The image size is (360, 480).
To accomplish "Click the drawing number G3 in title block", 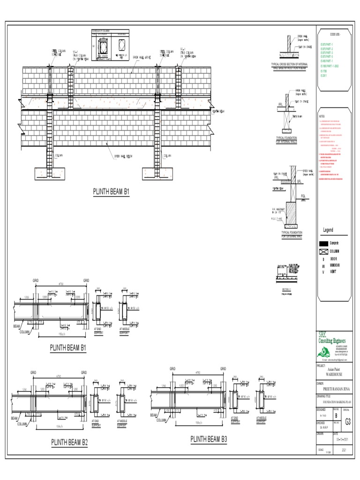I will click(347, 421).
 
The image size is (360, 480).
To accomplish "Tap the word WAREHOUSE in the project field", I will click(334, 375).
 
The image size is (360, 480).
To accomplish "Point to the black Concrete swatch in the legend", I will click(323, 243).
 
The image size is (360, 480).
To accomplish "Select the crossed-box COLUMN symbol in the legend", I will click(323, 251).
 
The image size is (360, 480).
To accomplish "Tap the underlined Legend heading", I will click(328, 230).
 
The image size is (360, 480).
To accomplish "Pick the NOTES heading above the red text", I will click(322, 116).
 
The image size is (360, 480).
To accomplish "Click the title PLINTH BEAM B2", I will click(69, 442).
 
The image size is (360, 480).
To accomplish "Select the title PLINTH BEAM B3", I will click(209, 439).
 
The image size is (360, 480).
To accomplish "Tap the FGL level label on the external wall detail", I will click(303, 195).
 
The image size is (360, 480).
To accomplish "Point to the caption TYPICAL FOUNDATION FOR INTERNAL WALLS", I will click(290, 139).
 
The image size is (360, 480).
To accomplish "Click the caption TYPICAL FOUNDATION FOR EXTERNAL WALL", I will click(292, 234).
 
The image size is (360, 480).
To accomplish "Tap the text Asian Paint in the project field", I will click(334, 370).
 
